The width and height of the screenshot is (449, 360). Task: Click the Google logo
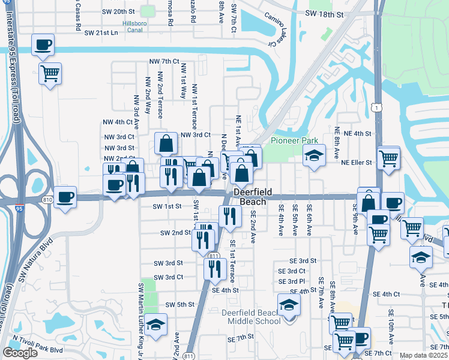[x=20, y=352]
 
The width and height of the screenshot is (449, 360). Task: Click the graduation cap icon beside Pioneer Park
[x=314, y=157]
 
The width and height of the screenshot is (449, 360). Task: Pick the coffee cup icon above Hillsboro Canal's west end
[x=43, y=45]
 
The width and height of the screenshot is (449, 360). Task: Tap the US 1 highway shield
[x=376, y=107]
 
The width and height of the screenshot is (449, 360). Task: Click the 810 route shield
[x=48, y=199]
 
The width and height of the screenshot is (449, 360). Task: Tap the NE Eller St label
[x=357, y=162]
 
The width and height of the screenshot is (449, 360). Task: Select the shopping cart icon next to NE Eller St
[x=390, y=158]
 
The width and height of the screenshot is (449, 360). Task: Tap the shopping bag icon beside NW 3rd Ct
[x=166, y=144]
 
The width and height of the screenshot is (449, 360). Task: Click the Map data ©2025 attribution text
[x=424, y=355]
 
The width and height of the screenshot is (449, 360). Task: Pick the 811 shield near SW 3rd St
[x=213, y=256]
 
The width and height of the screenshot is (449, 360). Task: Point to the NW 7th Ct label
[x=164, y=61]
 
